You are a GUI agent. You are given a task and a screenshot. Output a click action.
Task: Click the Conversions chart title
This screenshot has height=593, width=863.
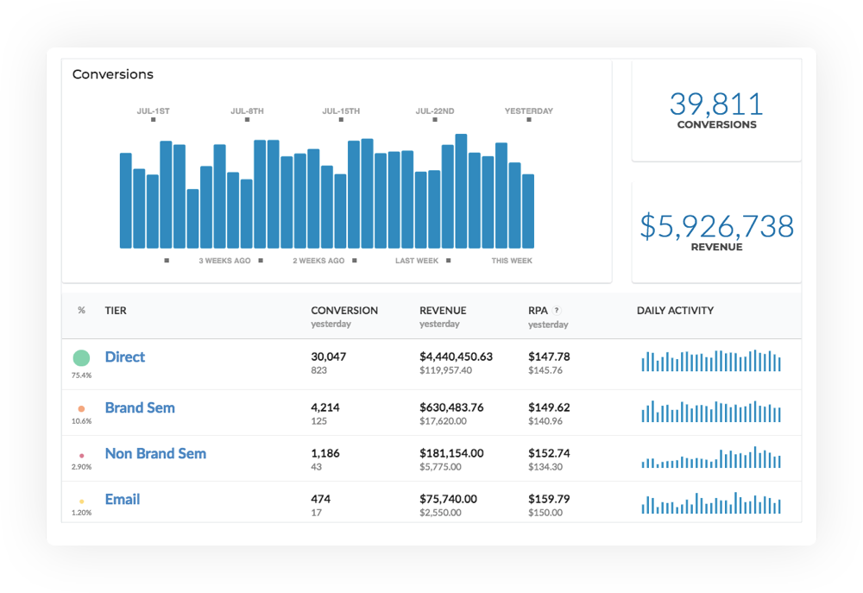point(113,74)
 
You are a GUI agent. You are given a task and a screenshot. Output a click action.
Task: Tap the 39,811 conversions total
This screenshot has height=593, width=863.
point(716,104)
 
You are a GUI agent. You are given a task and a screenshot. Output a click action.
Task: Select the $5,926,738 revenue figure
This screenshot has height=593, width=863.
point(716,226)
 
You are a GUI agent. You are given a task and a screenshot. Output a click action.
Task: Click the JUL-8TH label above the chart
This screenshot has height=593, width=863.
point(247,110)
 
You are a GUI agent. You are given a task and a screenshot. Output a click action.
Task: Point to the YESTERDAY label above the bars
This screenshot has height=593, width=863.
point(529,110)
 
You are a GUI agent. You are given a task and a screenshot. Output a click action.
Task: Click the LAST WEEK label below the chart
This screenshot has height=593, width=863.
point(417,261)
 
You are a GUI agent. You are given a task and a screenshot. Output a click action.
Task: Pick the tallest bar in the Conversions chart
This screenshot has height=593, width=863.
point(461,191)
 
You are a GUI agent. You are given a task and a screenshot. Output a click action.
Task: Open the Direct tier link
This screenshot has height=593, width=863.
point(125,356)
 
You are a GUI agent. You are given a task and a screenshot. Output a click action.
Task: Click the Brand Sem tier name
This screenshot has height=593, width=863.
point(140,407)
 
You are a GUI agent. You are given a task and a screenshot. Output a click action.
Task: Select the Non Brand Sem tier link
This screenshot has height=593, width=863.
point(155,453)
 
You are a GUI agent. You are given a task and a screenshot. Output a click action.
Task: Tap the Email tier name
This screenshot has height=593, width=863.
point(123,499)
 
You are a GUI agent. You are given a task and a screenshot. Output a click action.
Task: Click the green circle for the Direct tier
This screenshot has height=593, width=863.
point(81,358)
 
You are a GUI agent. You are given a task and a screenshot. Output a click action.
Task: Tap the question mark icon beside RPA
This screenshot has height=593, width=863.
point(557,310)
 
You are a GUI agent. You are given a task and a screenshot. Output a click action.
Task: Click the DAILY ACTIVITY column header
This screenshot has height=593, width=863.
point(676,311)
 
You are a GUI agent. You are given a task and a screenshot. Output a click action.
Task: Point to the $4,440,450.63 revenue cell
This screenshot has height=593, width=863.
point(457,356)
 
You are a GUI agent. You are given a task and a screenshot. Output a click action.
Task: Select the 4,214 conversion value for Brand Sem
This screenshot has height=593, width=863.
point(325,407)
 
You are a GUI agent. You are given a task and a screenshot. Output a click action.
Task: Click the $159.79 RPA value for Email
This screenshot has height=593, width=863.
point(549,499)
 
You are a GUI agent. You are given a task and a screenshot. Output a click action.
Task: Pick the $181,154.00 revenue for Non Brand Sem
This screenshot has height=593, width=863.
point(452,453)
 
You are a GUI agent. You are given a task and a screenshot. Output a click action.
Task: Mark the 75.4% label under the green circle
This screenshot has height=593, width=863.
point(81,375)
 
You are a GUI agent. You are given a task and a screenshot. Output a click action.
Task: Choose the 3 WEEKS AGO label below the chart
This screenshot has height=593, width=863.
point(224,261)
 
